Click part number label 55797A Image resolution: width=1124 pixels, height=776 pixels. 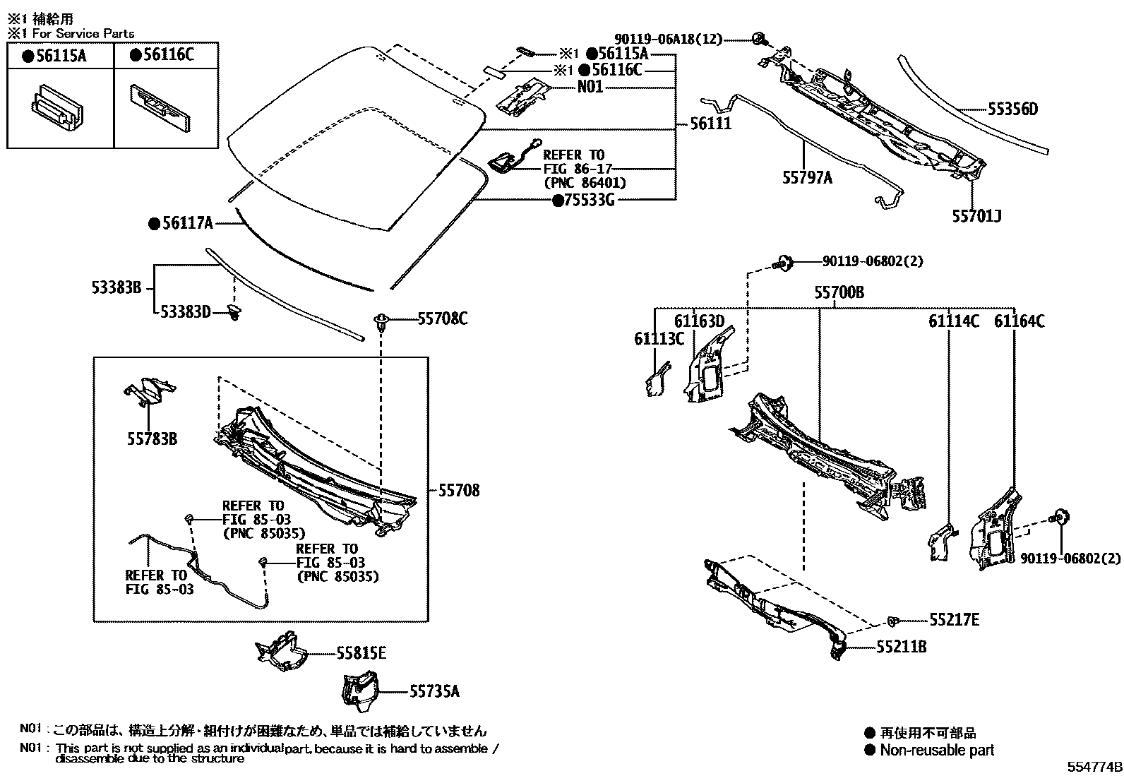pos(806,178)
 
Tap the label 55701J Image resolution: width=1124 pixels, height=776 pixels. pos(976,216)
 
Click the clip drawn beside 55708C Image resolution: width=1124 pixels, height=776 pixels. pos(382,321)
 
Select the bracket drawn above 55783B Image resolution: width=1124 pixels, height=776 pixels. pos(150,391)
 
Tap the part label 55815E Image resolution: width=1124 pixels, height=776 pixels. pos(361,653)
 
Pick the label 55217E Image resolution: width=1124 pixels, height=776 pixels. pos(954,620)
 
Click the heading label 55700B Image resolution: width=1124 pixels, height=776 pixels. pos(839,292)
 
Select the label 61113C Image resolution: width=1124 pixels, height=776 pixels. pos(659,339)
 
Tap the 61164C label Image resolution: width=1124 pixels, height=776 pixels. pos(1019,322)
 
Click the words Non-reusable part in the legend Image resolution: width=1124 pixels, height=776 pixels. pos(936,751)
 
